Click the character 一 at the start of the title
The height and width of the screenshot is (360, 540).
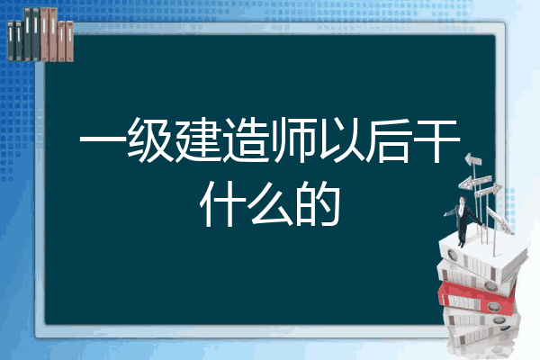click(103, 140)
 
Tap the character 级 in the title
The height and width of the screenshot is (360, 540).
click(150, 140)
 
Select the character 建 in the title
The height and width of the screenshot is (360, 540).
click(198, 140)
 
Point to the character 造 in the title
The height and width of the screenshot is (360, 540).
click(246, 140)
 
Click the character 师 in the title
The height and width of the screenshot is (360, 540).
click(293, 140)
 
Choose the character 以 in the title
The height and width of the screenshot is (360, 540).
click(341, 140)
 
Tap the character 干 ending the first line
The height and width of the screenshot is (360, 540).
click(436, 140)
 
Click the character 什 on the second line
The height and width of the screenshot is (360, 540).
click(222, 204)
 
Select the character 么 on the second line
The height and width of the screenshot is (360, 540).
click(270, 204)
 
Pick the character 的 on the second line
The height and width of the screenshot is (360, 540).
click(318, 204)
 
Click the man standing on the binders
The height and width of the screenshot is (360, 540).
click(463, 221)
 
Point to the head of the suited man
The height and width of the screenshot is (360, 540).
click(462, 200)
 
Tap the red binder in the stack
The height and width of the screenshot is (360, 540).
click(476, 297)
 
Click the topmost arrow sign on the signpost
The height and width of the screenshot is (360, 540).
click(473, 159)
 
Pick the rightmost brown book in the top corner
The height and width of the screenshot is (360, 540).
click(69, 41)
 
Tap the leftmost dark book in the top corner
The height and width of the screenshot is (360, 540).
click(11, 41)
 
